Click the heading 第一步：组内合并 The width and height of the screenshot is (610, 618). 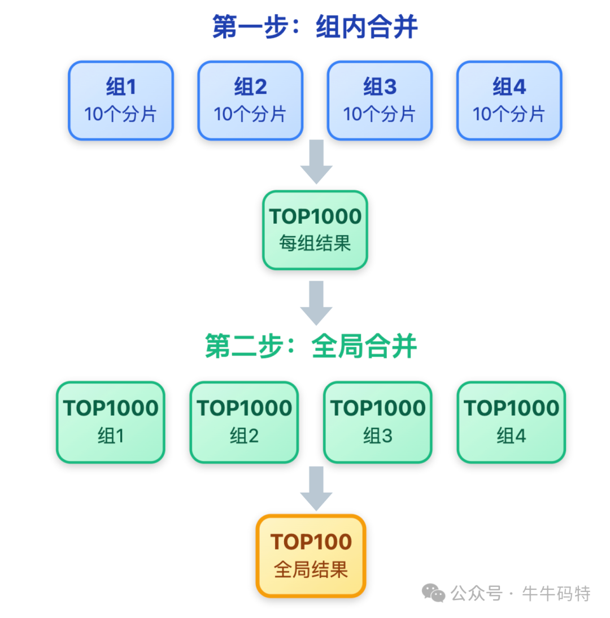pyautogui.click(x=315, y=27)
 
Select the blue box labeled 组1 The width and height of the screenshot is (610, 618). pyautogui.click(x=121, y=101)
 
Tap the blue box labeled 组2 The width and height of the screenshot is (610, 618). pyautogui.click(x=250, y=101)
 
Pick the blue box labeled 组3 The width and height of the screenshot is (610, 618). pyautogui.click(x=380, y=101)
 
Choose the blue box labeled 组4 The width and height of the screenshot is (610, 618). pyautogui.click(x=509, y=101)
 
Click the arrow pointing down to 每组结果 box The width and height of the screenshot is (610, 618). pyautogui.click(x=316, y=162)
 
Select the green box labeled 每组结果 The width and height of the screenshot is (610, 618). pyautogui.click(x=315, y=230)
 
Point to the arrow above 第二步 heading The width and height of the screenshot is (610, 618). pyautogui.click(x=316, y=303)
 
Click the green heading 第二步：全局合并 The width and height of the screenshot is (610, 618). pyautogui.click(x=311, y=346)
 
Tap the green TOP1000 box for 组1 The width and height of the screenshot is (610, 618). pyautogui.click(x=111, y=422)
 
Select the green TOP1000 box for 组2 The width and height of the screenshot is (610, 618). pyautogui.click(x=244, y=422)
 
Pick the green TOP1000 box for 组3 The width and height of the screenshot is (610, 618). pyautogui.click(x=377, y=422)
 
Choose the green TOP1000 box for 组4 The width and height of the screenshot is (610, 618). pyautogui.click(x=511, y=422)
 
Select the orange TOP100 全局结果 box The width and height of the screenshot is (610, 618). pyautogui.click(x=311, y=555)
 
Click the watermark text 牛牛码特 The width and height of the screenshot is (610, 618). pyautogui.click(x=556, y=594)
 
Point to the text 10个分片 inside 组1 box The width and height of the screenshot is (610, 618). pyautogui.click(x=121, y=114)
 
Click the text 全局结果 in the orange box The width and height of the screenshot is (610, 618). pyautogui.click(x=311, y=569)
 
